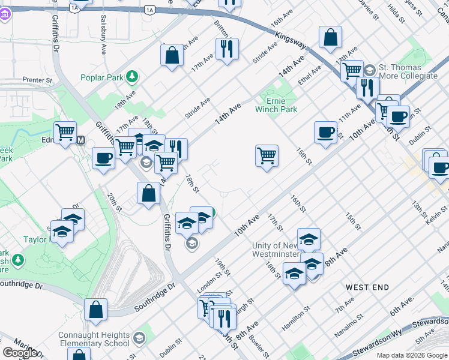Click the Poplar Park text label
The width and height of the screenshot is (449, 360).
click(101, 78)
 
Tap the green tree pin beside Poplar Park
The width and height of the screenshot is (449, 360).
click(131, 77)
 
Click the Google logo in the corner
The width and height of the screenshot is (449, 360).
click(19, 353)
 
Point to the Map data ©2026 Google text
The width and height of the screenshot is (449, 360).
click(411, 355)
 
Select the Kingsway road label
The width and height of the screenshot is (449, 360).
click(291, 41)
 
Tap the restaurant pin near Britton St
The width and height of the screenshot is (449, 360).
click(227, 50)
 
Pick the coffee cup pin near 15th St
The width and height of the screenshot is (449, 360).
click(325, 132)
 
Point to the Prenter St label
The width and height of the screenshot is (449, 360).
click(38, 79)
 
